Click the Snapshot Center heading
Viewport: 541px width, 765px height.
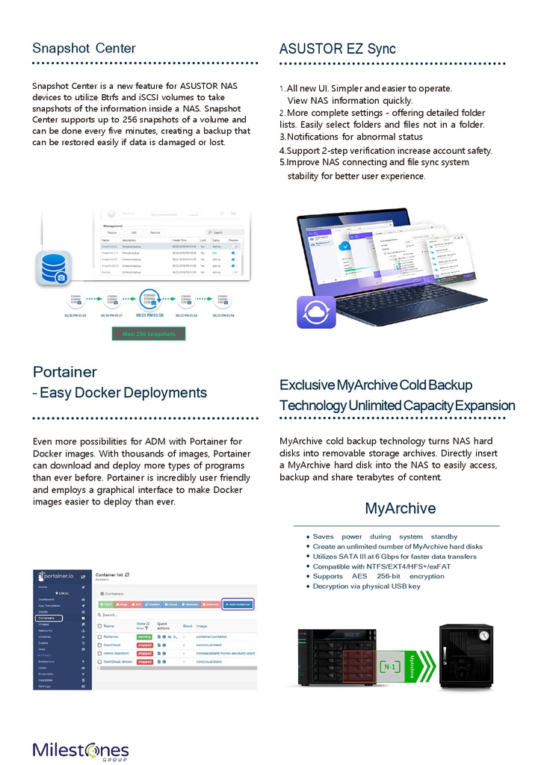(x=84, y=49)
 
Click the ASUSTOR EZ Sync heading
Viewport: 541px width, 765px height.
(x=337, y=49)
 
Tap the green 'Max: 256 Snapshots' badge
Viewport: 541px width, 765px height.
(x=148, y=333)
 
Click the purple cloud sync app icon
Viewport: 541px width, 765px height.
(x=316, y=312)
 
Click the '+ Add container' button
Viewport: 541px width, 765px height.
(x=238, y=603)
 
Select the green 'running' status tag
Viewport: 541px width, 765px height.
(x=144, y=636)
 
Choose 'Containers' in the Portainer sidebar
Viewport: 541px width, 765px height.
(x=48, y=618)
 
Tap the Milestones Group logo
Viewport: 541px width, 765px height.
(x=81, y=751)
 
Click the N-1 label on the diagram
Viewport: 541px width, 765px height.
(x=390, y=666)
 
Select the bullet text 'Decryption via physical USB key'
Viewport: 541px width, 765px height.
(x=367, y=586)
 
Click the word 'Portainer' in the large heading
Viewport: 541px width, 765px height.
(x=65, y=372)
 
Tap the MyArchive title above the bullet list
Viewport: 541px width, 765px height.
(x=400, y=509)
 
